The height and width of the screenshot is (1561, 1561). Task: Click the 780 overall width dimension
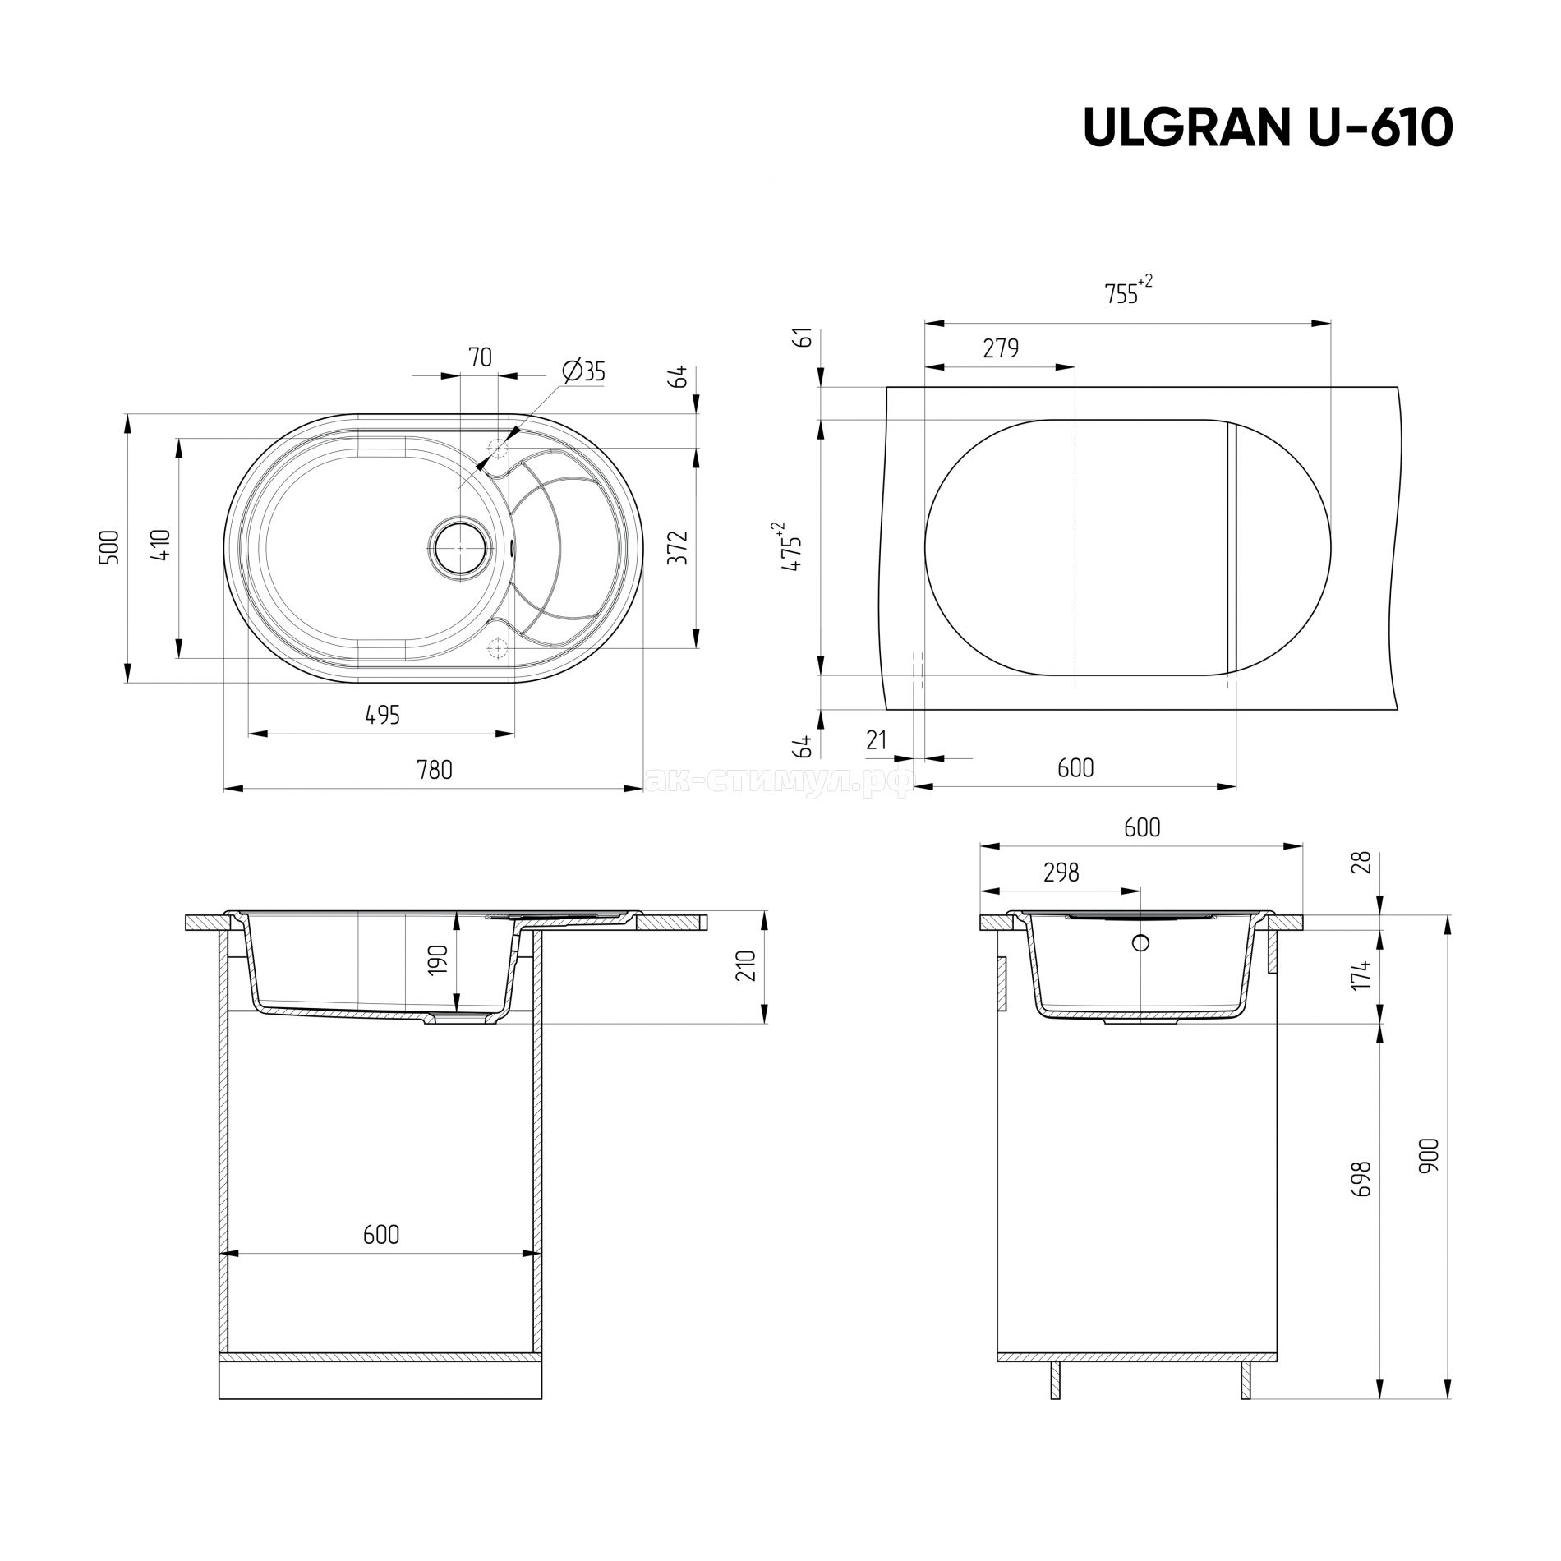435,770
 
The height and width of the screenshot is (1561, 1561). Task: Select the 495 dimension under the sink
383,715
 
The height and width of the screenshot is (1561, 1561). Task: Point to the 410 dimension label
162,545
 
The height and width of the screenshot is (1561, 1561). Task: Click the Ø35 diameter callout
584,371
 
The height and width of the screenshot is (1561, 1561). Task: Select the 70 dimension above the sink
480,357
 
